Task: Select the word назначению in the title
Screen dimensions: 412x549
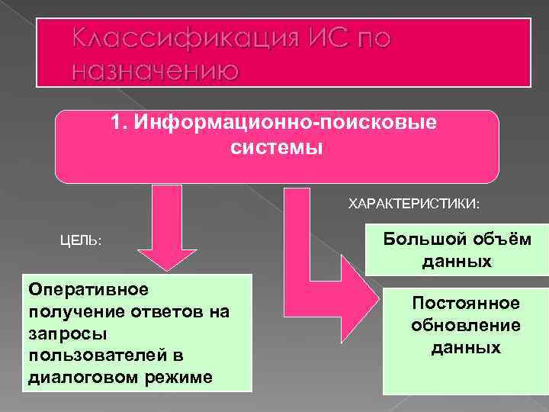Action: click(156, 71)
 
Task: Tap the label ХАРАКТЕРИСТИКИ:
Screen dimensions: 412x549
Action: click(414, 204)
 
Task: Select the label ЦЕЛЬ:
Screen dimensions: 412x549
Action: click(81, 240)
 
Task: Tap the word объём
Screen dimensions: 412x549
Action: click(499, 240)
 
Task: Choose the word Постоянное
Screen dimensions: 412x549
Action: click(465, 303)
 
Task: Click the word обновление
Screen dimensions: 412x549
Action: click(466, 325)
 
